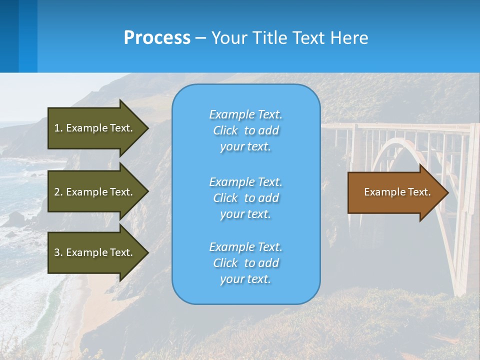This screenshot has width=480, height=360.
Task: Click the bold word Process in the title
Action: click(x=157, y=38)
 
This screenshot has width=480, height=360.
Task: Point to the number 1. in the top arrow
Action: click(x=58, y=128)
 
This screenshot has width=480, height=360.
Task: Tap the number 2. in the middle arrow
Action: click(x=58, y=192)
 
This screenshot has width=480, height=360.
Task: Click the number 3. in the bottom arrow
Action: click(x=58, y=252)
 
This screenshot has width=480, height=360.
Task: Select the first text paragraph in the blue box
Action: click(x=245, y=130)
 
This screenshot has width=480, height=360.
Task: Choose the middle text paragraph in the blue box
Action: click(x=245, y=198)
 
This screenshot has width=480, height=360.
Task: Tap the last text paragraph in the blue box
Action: click(x=245, y=263)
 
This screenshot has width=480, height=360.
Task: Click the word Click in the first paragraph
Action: click(x=225, y=130)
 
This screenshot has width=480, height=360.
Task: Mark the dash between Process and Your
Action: click(x=200, y=38)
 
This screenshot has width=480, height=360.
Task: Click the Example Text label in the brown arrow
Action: click(x=397, y=192)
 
